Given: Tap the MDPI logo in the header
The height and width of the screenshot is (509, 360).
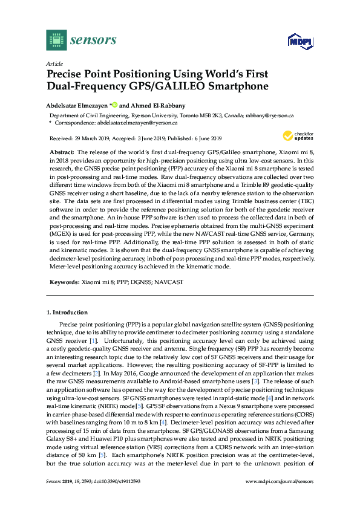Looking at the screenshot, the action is tap(295, 42).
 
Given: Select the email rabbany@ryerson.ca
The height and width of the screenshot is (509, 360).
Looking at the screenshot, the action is tap(266, 115).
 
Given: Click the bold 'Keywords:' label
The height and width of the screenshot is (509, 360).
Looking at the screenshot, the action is tap(63, 282).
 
